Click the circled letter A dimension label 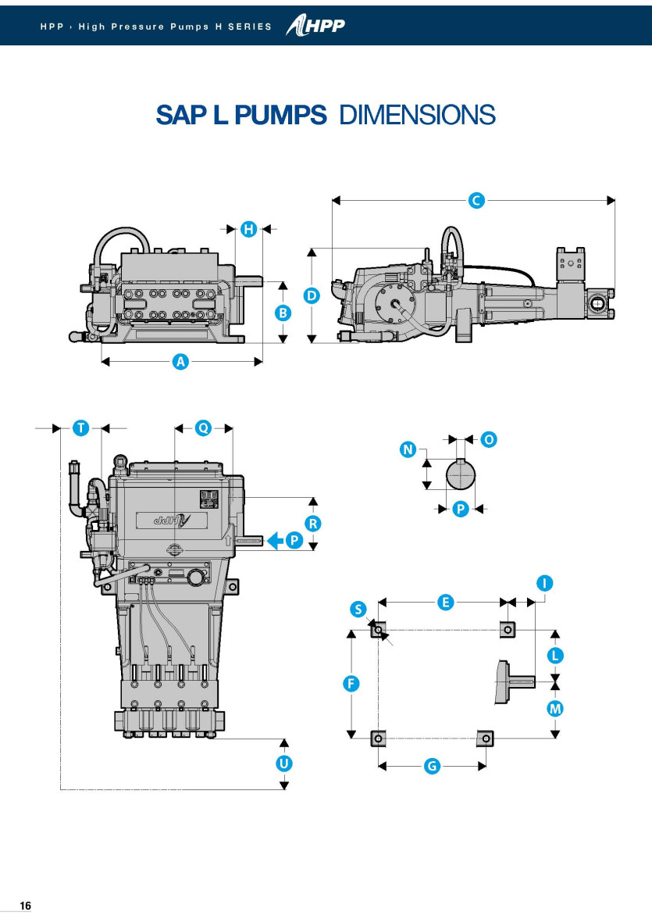pos(181,362)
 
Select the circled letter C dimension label pos(476,201)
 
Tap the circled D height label pos(312,296)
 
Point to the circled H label pos(248,228)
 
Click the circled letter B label pos(283,313)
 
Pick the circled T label pos(80,428)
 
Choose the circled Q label pos(203,428)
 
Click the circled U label pos(284,763)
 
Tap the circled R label pos(312,524)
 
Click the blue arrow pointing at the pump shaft pos(276,540)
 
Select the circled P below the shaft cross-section pos(461,509)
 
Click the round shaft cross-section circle pos(461,474)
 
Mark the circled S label pos(358,610)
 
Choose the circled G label pos(432,767)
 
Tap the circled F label pos(352,684)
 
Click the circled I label pos(545,583)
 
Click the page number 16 pos(25,906)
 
